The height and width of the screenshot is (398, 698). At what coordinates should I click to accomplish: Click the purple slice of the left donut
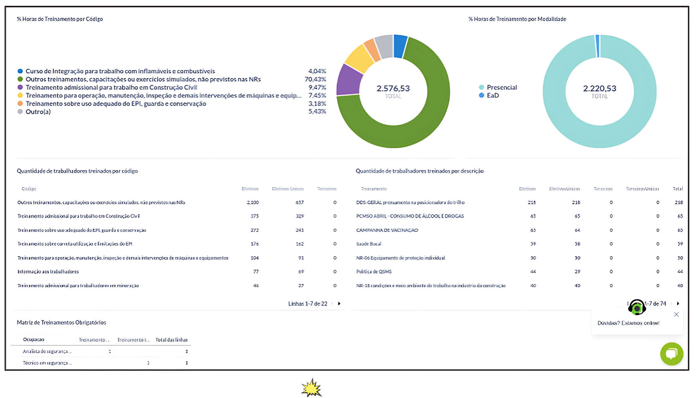coord(349,80)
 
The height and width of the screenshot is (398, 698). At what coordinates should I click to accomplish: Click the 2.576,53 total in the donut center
coord(393,89)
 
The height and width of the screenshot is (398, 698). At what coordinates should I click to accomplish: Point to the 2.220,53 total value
coord(600,89)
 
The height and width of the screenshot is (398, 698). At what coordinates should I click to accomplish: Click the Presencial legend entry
coord(501,87)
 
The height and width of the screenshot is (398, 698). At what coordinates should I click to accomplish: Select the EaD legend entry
coord(492,95)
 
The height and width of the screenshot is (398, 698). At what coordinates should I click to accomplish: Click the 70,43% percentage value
coord(315,79)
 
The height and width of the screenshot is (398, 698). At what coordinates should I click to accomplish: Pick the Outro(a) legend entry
coord(38,112)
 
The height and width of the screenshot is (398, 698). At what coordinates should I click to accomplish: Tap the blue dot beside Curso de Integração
coord(20,71)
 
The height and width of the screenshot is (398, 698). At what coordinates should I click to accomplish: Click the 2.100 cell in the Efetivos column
coord(252,202)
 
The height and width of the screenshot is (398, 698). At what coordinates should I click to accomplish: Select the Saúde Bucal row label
coord(369,244)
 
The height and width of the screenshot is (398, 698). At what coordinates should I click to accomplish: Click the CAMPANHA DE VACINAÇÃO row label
coord(387,230)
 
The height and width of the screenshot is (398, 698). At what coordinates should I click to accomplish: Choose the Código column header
coord(29,189)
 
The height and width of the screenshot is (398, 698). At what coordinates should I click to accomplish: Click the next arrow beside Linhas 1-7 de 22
coord(339,304)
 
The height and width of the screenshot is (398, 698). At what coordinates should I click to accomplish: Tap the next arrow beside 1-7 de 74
coord(678,304)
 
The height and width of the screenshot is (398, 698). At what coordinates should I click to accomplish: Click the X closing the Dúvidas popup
coord(676,315)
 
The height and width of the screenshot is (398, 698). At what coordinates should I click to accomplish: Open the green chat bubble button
coord(672,354)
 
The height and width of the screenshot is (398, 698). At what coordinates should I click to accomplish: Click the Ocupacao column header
coord(33,339)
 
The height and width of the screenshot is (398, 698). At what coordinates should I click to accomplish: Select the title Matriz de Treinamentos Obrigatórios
coord(61,322)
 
